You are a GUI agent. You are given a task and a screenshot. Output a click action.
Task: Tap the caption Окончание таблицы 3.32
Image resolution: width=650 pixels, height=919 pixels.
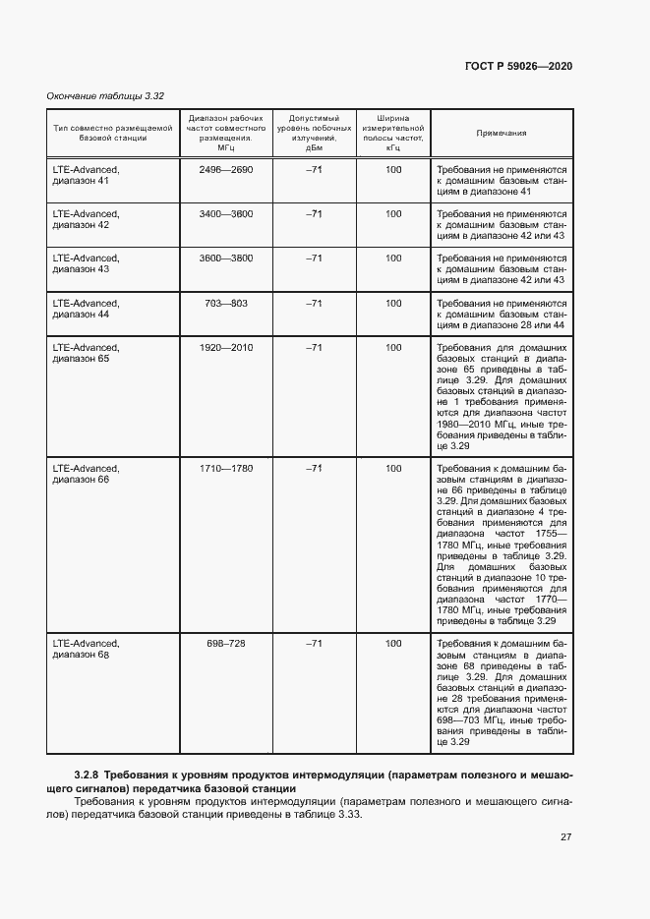click(x=105, y=96)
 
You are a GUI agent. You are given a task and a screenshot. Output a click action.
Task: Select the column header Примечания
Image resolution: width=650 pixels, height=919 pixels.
click(x=502, y=133)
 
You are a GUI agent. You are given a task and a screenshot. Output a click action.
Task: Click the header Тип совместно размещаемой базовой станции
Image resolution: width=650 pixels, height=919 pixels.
click(x=113, y=133)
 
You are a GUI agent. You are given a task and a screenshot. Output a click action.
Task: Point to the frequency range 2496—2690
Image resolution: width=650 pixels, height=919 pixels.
click(x=225, y=170)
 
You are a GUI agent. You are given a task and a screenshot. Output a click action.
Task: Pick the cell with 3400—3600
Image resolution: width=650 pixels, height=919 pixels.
click(x=225, y=213)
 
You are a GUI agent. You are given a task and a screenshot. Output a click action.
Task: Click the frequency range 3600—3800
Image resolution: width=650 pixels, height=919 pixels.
click(x=225, y=258)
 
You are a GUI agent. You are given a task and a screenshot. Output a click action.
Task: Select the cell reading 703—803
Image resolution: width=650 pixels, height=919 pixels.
click(x=225, y=303)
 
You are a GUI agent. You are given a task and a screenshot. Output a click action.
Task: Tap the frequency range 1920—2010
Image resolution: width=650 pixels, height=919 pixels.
click(x=225, y=347)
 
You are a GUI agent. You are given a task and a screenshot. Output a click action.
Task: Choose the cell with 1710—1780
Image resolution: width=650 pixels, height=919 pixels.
click(x=225, y=468)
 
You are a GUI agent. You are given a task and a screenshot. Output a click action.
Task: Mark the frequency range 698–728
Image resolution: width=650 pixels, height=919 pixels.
click(x=225, y=643)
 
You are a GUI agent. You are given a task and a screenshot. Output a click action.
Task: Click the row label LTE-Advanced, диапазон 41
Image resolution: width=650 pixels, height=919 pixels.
click(x=86, y=176)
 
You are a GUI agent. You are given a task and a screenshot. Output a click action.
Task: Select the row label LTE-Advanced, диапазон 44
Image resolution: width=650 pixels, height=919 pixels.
click(x=86, y=309)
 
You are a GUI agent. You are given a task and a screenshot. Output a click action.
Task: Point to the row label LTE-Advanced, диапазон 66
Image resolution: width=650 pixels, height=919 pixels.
click(x=86, y=474)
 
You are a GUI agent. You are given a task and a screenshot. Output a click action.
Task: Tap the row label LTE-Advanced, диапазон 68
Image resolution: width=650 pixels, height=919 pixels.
click(x=86, y=649)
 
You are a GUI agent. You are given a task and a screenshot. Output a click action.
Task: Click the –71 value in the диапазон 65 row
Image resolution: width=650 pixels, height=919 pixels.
click(x=314, y=347)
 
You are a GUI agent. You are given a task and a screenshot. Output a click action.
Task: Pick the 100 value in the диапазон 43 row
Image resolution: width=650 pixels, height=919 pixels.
click(x=393, y=258)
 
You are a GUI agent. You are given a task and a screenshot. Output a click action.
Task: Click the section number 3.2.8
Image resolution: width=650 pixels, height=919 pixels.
click(x=87, y=775)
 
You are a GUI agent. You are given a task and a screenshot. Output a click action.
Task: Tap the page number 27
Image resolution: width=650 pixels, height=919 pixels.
click(x=565, y=837)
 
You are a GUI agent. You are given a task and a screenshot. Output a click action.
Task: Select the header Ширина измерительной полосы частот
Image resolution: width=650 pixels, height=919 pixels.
click(x=393, y=133)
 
